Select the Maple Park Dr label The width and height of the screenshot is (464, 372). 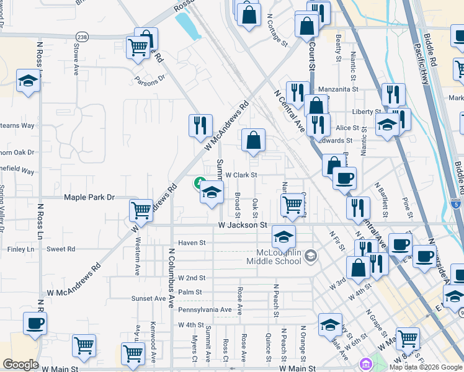90,197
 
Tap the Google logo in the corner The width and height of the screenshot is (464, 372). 20,365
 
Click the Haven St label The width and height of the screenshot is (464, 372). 191,243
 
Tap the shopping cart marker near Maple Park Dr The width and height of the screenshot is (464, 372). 141,210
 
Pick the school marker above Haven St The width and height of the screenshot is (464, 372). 283,236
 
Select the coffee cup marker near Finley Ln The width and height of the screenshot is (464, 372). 35,323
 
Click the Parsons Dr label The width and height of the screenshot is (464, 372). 149,79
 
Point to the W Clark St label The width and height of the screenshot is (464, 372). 241,175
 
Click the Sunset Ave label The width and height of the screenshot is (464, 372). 148,298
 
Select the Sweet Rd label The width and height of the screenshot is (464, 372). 61,249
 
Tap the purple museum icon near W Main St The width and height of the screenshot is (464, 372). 364,363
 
